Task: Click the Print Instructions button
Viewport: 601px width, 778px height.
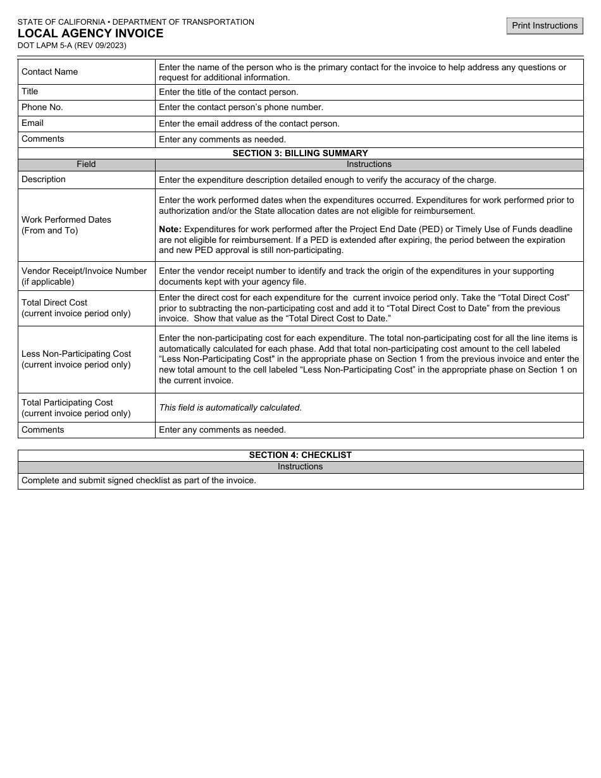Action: pyautogui.click(x=544, y=26)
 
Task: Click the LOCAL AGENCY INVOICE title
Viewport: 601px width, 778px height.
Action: pyautogui.click(x=90, y=34)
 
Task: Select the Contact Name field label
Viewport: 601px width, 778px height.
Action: pyautogui.click(x=49, y=72)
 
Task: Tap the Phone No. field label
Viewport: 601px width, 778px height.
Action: pyautogui.click(x=42, y=108)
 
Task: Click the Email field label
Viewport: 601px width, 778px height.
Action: pyautogui.click(x=32, y=123)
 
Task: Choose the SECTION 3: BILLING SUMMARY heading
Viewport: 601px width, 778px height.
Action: pyautogui.click(x=300, y=153)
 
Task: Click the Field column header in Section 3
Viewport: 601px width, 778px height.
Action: pyautogui.click(x=86, y=164)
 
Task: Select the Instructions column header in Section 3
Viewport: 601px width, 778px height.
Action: pyautogui.click(x=369, y=164)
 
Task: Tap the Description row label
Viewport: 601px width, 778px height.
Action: pyautogui.click(x=44, y=180)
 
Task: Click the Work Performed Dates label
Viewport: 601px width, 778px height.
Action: pyautogui.click(x=66, y=220)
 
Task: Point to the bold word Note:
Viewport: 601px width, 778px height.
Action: pyautogui.click(x=170, y=229)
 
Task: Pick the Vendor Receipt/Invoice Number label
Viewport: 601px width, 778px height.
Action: pyautogui.click(x=84, y=271)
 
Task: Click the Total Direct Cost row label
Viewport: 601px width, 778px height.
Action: pyautogui.click(x=54, y=303)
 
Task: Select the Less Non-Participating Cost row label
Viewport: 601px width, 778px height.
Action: pyautogui.click(x=77, y=354)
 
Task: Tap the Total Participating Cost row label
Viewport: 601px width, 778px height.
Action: pyautogui.click(x=67, y=403)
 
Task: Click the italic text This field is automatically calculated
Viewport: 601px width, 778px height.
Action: pyautogui.click(x=230, y=408)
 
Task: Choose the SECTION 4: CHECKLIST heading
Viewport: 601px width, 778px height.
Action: pyautogui.click(x=300, y=455)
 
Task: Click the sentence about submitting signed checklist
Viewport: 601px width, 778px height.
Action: pyautogui.click(x=139, y=481)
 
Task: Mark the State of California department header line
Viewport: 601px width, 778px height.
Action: pyautogui.click(x=136, y=22)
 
